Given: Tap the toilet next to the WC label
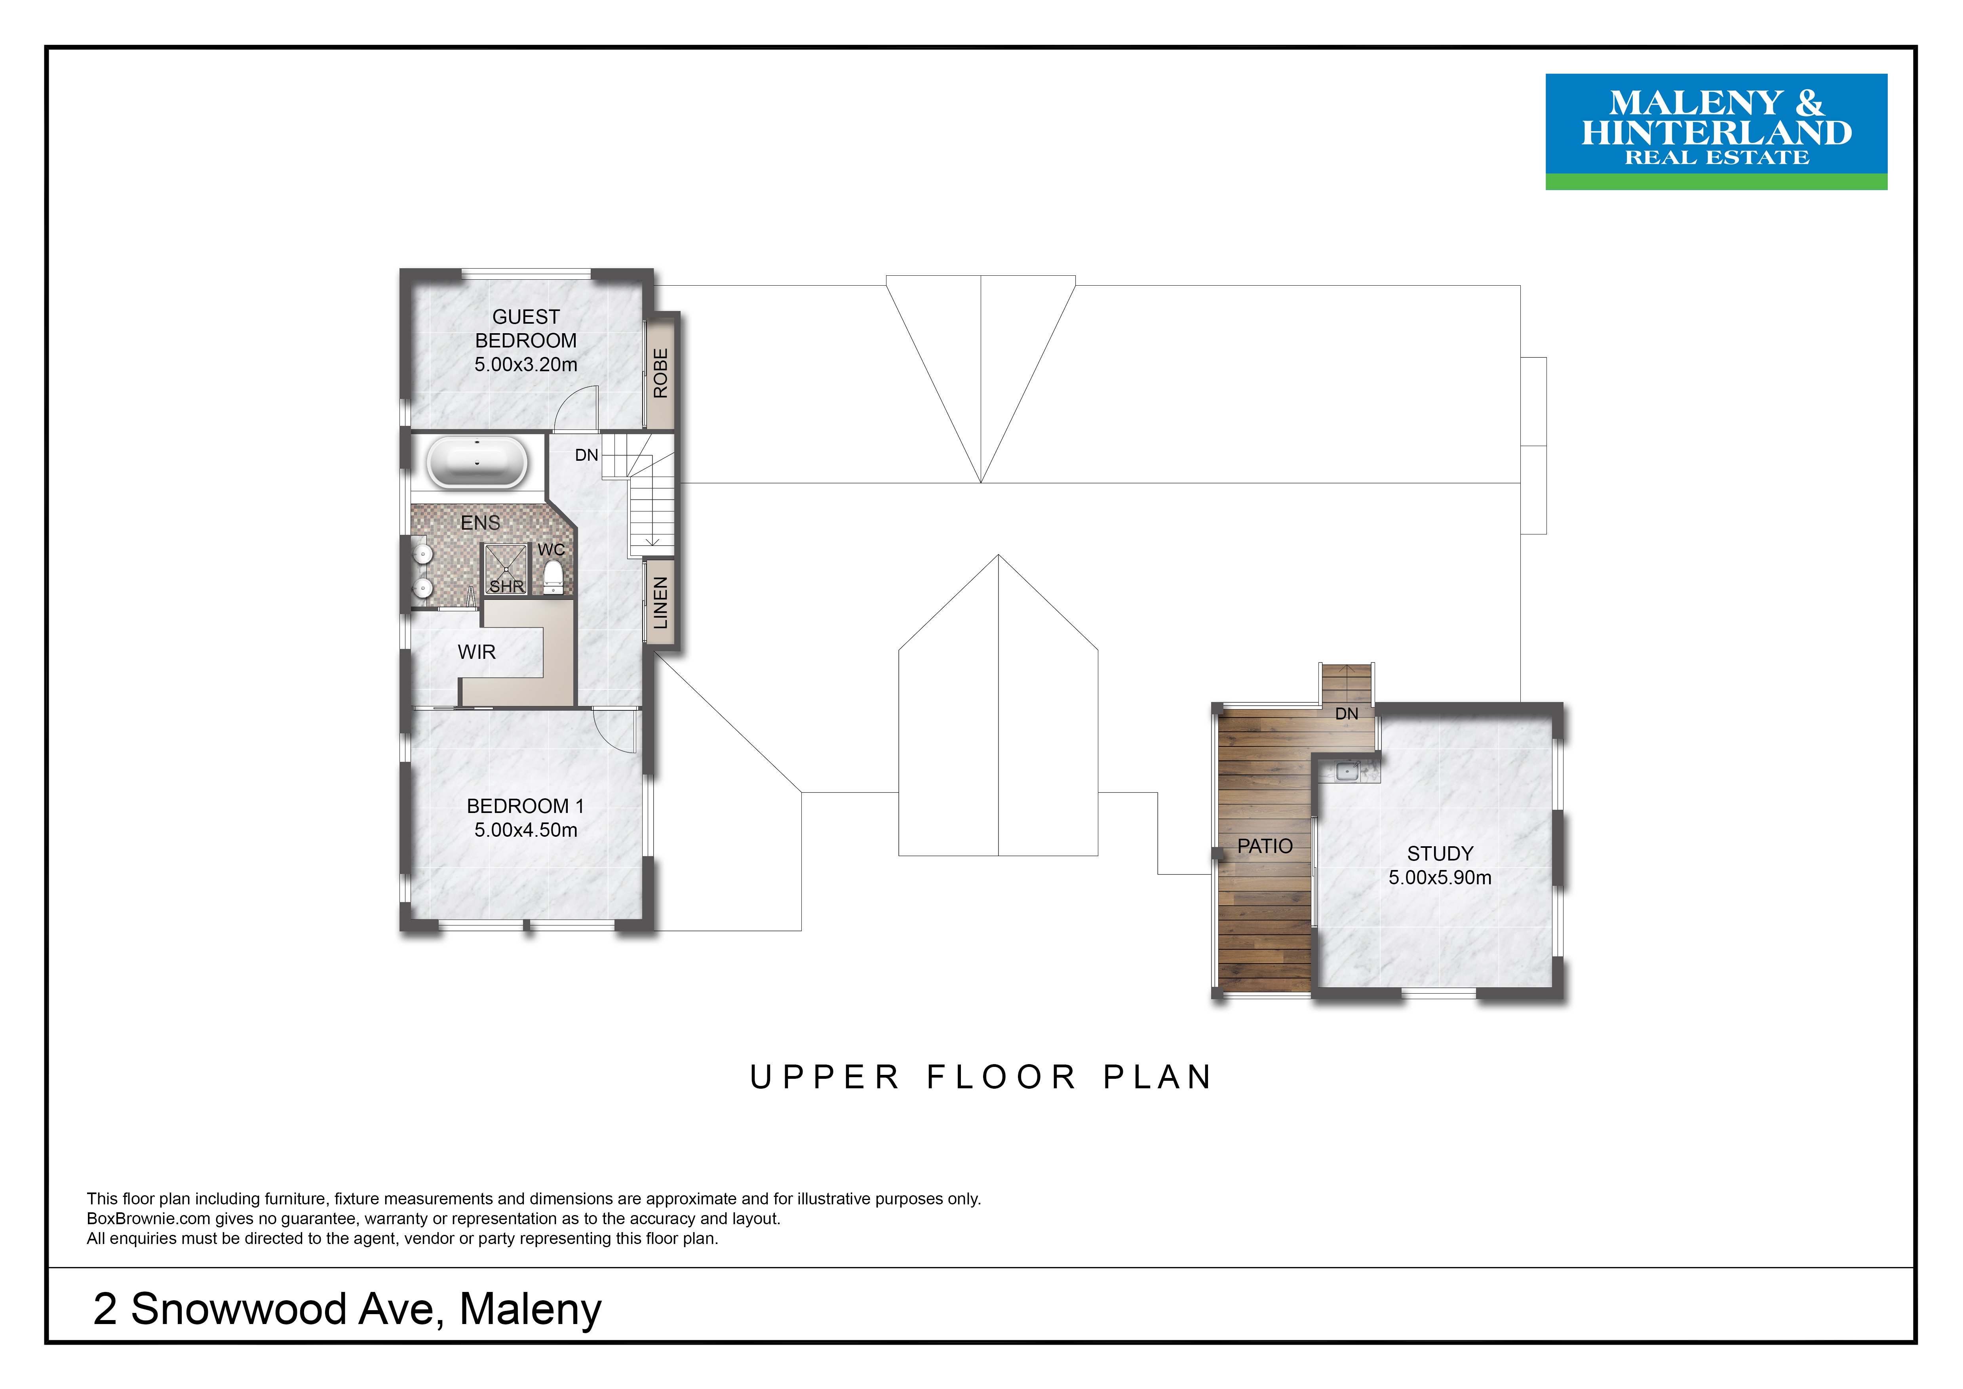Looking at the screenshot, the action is [x=553, y=576].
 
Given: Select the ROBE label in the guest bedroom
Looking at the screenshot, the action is [x=660, y=373].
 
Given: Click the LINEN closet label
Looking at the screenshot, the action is [x=660, y=602].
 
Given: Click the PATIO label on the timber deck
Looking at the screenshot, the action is [x=1265, y=846].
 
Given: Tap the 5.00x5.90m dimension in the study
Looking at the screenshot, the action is [x=1440, y=878].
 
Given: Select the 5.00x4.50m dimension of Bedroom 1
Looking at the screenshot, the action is [x=526, y=830].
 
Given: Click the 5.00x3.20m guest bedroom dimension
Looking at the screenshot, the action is [x=526, y=364].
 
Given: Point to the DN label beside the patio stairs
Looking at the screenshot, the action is [x=1347, y=713].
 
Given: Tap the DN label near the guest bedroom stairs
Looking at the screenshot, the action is [x=586, y=455].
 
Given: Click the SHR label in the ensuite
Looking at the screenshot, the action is [x=506, y=587].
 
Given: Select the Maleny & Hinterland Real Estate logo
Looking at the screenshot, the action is [x=1716, y=132].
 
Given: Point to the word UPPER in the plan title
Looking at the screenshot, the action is [x=824, y=1077].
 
